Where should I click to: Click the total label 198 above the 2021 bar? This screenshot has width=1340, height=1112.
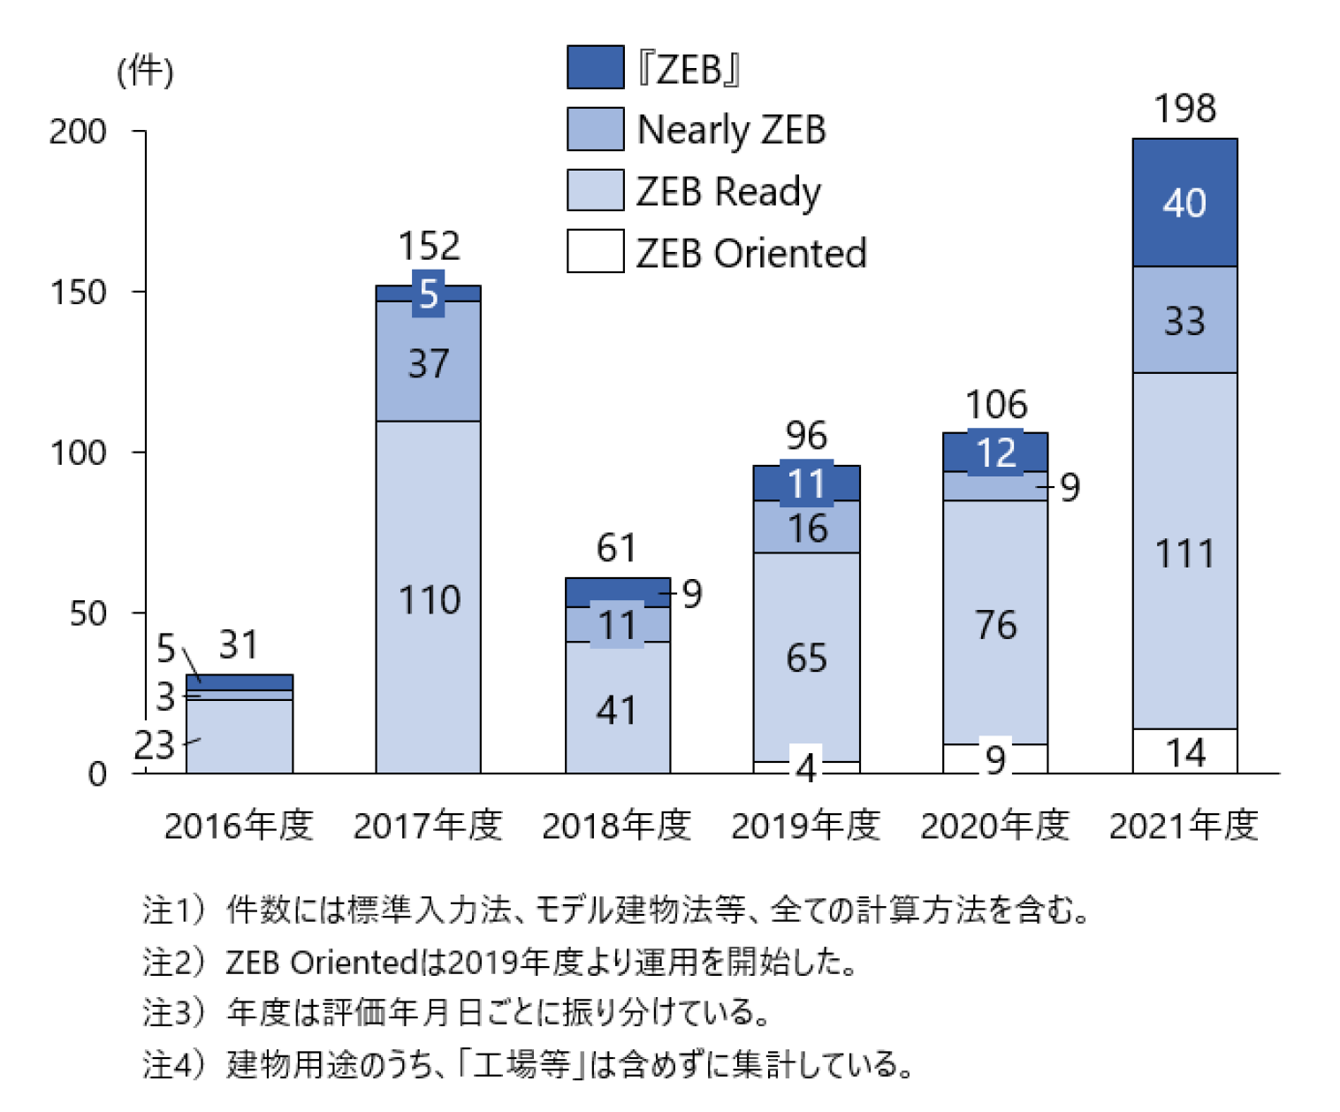pos(1184,109)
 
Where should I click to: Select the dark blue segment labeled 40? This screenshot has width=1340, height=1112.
pos(1184,202)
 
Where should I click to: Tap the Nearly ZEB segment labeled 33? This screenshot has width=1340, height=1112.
pos(1184,320)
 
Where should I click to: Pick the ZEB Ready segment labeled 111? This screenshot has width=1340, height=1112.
pos(1184,552)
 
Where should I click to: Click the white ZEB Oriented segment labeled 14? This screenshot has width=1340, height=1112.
pos(1184,752)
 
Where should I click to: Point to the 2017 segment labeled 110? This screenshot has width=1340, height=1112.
pos(429,599)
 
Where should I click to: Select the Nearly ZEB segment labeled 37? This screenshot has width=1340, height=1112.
pos(429,362)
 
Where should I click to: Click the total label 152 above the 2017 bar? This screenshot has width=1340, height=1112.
pos(429,246)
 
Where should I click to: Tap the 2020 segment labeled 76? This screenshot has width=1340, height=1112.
pos(995,624)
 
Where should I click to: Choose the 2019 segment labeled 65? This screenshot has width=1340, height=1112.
pos(806,658)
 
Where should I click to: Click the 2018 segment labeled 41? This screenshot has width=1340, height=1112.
pos(617,710)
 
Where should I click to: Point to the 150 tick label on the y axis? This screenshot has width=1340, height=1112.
pos(79,293)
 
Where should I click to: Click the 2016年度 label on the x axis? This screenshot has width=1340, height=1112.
pos(239,826)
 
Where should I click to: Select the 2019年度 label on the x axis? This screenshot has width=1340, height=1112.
pos(806,826)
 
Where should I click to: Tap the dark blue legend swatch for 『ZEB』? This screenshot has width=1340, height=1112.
pos(595,67)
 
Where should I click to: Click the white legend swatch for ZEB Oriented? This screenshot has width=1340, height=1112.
pos(595,251)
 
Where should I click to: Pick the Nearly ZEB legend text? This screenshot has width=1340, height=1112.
pos(731,130)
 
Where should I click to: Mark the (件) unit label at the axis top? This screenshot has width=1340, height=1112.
pos(146,71)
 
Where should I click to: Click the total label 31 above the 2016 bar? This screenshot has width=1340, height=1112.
pos(239,644)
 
